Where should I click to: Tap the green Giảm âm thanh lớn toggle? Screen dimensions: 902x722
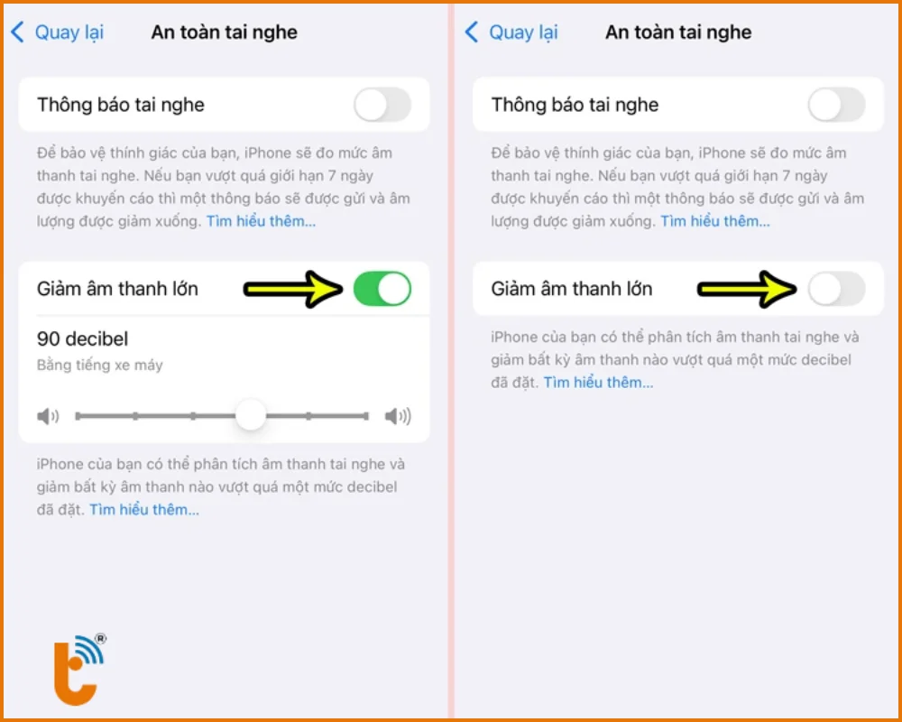tap(382, 289)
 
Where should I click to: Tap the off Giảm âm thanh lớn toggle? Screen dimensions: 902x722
tap(836, 289)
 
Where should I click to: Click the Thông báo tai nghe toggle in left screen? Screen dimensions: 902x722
tap(382, 105)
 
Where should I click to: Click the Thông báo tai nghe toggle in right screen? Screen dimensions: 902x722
tap(836, 105)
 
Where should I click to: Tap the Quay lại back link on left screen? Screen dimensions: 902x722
tap(57, 32)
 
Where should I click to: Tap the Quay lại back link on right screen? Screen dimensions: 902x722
tap(511, 32)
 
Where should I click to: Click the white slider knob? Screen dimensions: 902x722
tap(251, 415)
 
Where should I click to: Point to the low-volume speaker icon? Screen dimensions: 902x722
tap(49, 416)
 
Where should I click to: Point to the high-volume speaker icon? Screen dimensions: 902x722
tap(398, 416)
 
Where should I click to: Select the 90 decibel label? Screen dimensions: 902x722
tap(82, 338)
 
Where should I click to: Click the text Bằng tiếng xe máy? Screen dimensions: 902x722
tap(99, 365)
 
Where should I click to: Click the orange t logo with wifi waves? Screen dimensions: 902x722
tap(80, 670)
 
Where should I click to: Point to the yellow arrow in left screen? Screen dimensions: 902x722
tap(293, 289)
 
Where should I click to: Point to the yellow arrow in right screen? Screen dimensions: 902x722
tap(747, 289)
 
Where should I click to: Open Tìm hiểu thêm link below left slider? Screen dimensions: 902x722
tap(144, 510)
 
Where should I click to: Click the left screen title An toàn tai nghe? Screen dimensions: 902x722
tap(225, 32)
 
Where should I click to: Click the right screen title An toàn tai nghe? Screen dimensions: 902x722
tap(678, 32)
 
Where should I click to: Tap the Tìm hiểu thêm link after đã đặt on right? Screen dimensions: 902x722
tap(598, 383)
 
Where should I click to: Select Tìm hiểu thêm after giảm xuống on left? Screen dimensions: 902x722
tap(262, 221)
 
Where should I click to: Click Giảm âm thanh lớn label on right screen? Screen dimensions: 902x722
tap(572, 289)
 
